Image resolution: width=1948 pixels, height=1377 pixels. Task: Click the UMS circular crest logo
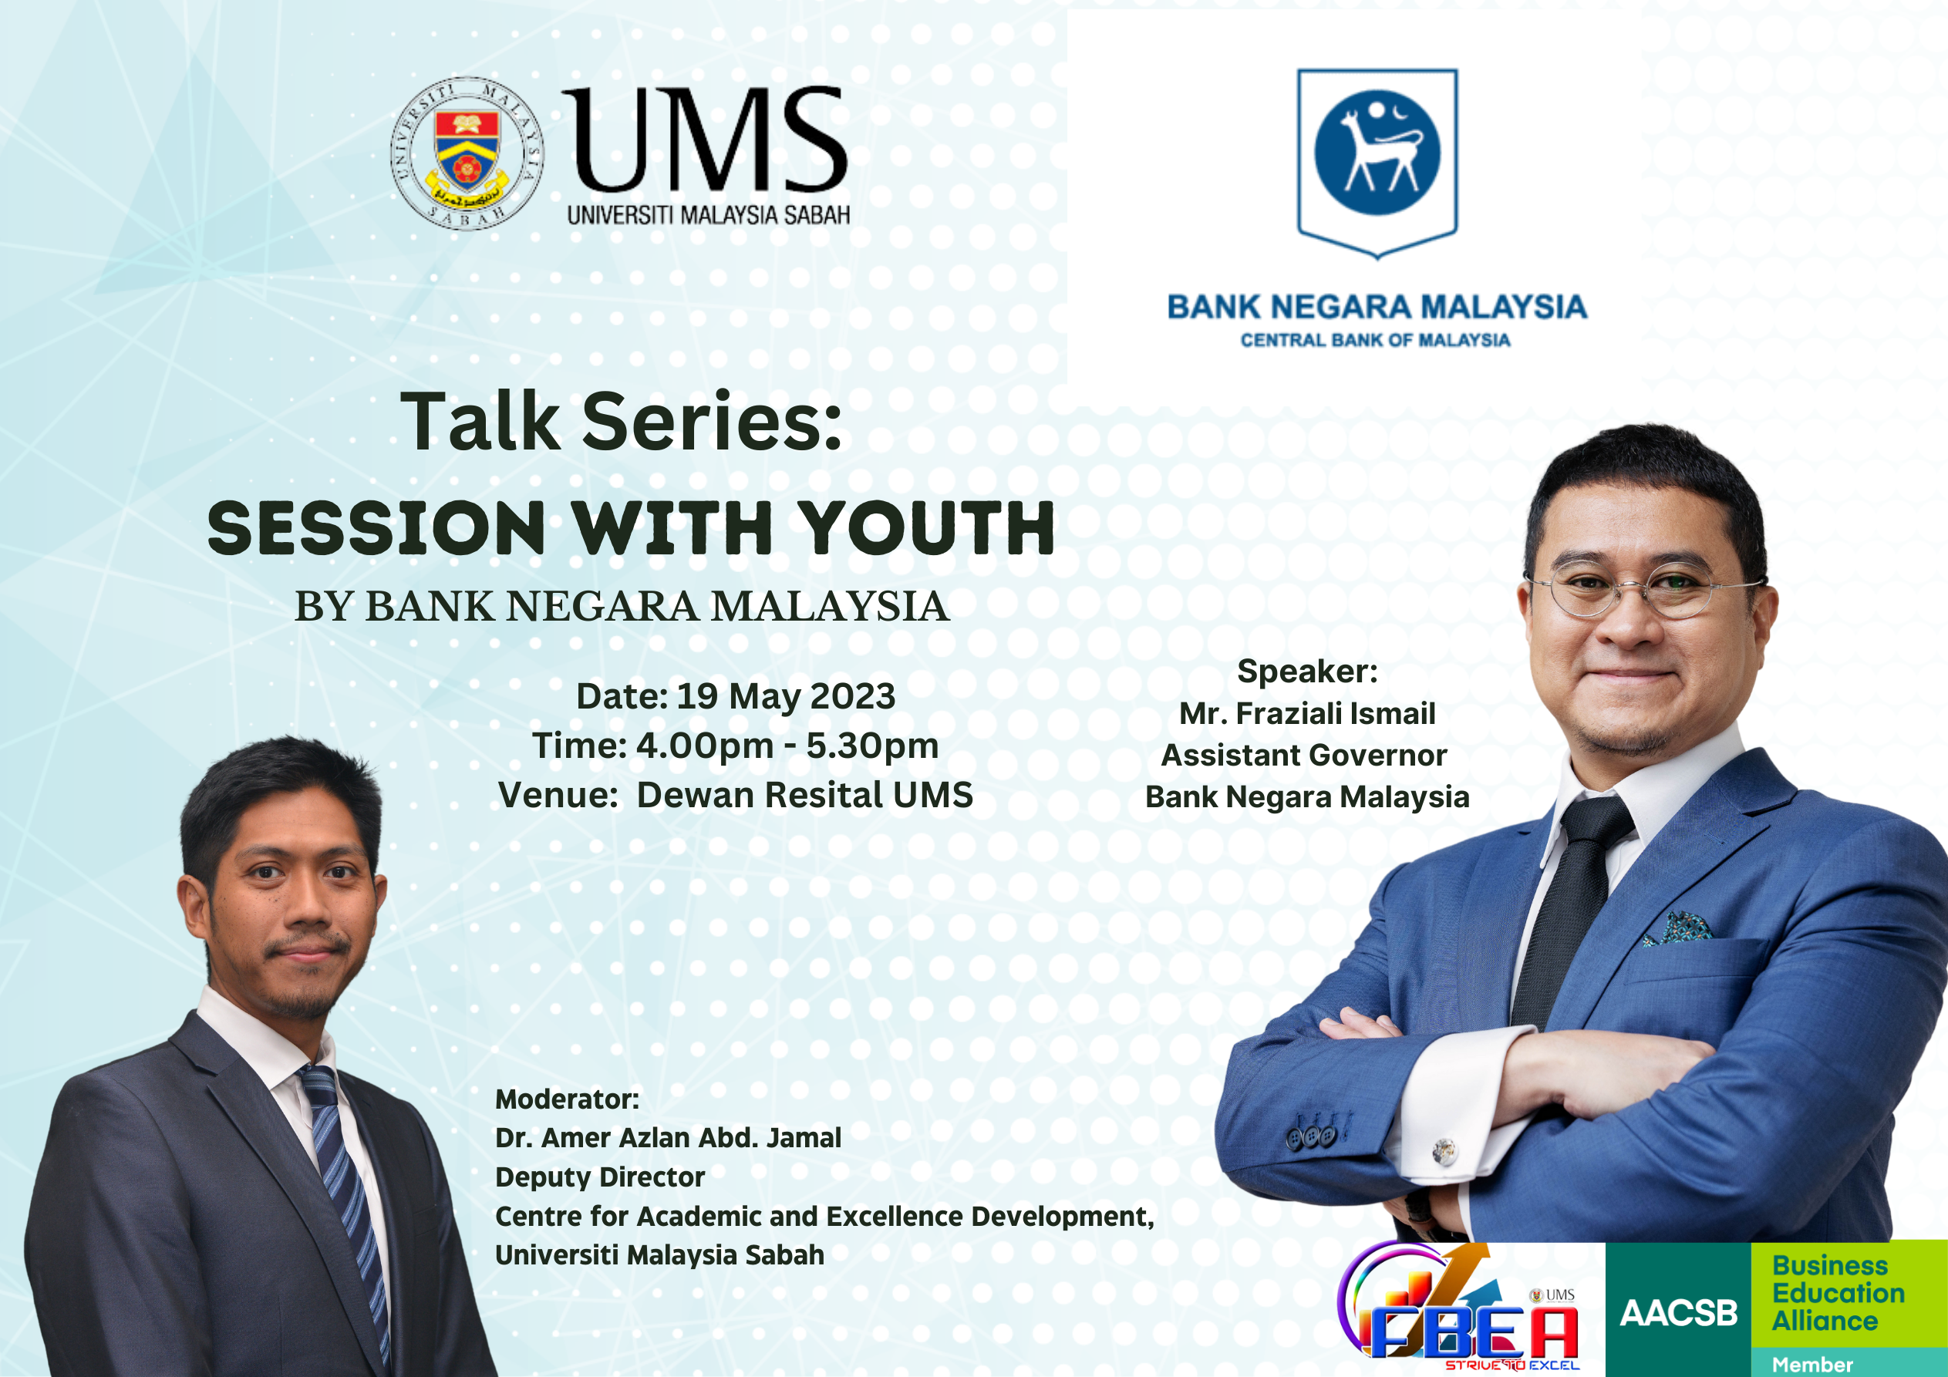[x=467, y=153]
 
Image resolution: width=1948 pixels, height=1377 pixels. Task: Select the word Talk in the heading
[x=480, y=421]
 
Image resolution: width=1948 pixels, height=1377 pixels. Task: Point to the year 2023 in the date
[x=853, y=696]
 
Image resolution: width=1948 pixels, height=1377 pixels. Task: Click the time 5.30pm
[x=872, y=746]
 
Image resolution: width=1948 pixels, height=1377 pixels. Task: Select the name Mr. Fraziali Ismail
[x=1306, y=713]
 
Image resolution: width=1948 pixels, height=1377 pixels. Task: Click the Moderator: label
[x=567, y=1099]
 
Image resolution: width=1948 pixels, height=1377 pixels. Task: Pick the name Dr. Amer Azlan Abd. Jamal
[x=668, y=1138]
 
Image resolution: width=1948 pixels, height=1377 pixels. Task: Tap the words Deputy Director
[x=600, y=1177]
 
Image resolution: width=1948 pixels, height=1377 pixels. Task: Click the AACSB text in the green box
[x=1678, y=1313]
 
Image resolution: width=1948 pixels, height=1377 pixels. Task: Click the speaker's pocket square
[x=1677, y=928]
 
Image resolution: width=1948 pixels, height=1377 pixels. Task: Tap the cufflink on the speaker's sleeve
[x=1443, y=1151]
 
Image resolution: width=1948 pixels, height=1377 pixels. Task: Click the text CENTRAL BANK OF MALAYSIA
[x=1375, y=340]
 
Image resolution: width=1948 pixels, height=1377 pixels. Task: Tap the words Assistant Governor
[x=1304, y=755]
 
